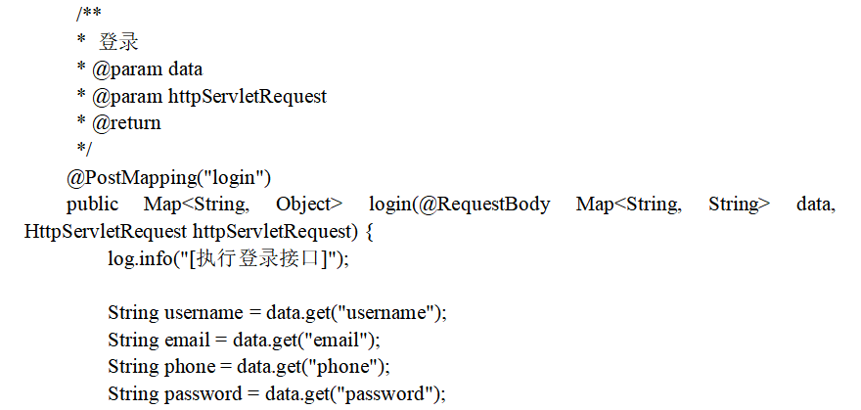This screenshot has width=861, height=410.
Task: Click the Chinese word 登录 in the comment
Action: click(118, 42)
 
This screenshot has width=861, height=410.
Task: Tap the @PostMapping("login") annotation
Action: click(168, 177)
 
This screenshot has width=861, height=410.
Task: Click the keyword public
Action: click(91, 205)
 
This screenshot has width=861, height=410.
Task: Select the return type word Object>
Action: click(308, 205)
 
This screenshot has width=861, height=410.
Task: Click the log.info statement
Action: click(227, 258)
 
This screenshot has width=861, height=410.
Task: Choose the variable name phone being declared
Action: click(187, 367)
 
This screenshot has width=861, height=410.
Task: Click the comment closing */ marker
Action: click(84, 149)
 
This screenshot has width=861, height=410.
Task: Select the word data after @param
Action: click(185, 69)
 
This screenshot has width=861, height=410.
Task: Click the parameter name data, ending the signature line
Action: click(815, 205)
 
